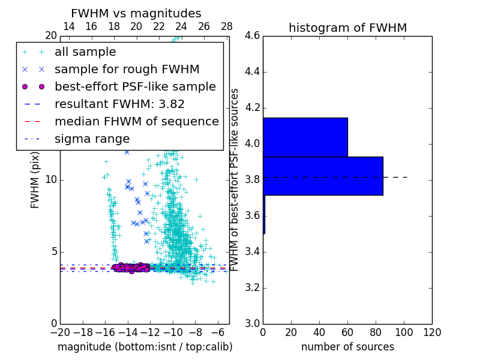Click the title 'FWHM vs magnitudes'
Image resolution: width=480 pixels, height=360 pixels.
click(x=136, y=14)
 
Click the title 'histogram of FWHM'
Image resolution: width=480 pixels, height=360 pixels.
click(x=347, y=28)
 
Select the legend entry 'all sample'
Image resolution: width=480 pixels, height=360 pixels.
click(x=85, y=52)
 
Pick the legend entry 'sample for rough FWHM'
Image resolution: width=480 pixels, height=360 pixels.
click(x=127, y=70)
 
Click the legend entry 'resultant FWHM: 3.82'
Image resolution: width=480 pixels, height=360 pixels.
click(x=119, y=104)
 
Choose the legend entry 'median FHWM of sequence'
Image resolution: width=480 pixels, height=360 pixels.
click(x=136, y=122)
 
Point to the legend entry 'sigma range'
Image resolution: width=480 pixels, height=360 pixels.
click(x=92, y=139)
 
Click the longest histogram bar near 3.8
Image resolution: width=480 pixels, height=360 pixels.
click(x=323, y=176)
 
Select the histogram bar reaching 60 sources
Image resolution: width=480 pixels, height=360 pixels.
click(x=305, y=137)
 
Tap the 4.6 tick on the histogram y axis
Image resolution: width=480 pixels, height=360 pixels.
click(x=253, y=36)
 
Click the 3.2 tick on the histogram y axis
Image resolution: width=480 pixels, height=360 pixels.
click(x=253, y=287)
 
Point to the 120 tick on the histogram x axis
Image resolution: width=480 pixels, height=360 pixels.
click(x=432, y=332)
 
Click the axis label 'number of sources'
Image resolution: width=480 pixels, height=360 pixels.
click(x=347, y=347)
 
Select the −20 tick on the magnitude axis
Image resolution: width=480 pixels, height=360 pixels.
click(x=60, y=332)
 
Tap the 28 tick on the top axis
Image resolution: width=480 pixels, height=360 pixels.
click(x=227, y=26)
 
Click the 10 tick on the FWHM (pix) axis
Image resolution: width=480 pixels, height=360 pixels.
click(x=51, y=180)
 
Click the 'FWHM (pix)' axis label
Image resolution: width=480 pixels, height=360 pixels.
click(x=35, y=180)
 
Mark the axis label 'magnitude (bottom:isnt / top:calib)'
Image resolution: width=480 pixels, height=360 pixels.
click(x=145, y=347)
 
